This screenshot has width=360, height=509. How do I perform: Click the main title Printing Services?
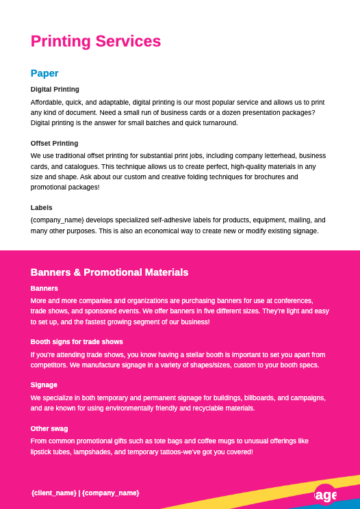pos(96,41)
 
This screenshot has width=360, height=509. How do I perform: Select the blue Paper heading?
pos(44,73)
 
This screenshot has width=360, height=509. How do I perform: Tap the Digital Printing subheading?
pos(55,89)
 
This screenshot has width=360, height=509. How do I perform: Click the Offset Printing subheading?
pos(54,143)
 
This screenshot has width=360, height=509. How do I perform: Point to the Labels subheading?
pos(41,207)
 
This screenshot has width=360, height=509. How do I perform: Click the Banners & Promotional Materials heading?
pos(110,272)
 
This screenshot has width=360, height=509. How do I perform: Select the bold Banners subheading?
pos(44,288)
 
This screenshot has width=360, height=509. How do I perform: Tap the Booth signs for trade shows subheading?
pos(77,341)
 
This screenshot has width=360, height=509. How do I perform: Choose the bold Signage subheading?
pos(44,384)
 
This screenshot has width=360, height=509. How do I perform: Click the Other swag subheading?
pos(49,428)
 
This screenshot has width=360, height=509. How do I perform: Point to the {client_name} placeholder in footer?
pos(54,493)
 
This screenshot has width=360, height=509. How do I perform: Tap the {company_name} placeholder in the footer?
pos(111,493)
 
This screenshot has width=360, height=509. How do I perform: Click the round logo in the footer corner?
pos(326,495)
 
